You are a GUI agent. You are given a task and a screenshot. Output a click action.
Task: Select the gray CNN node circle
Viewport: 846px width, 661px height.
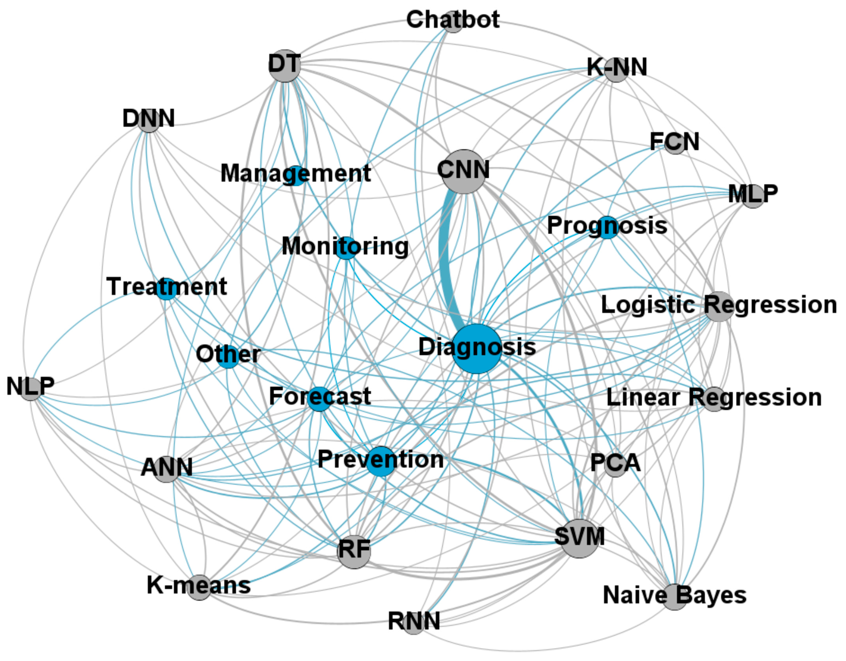point(464,171)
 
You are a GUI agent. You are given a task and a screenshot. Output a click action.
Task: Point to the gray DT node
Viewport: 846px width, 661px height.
point(285,66)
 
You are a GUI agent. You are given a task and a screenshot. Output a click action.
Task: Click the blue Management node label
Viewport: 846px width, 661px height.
point(295,173)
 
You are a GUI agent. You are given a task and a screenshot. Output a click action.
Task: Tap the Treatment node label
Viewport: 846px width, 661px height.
point(166,286)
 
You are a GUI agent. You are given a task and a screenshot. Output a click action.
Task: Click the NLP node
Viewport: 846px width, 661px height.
point(31,388)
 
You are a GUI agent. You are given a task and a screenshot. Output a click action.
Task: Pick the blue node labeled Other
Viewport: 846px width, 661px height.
point(228,356)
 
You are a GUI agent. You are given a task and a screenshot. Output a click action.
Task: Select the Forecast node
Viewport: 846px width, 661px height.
point(319,399)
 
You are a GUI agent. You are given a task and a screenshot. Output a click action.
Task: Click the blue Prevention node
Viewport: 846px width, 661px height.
point(381,461)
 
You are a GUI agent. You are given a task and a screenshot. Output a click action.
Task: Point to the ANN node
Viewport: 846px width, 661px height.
point(166,468)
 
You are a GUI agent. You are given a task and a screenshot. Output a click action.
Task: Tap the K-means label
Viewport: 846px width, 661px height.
point(198,585)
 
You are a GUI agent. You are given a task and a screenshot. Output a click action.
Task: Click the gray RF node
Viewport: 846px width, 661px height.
point(354,552)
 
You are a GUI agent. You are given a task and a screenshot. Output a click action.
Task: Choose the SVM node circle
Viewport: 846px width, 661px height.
point(579,538)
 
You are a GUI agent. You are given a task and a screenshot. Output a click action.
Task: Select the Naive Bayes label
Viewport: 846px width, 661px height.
point(675,595)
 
